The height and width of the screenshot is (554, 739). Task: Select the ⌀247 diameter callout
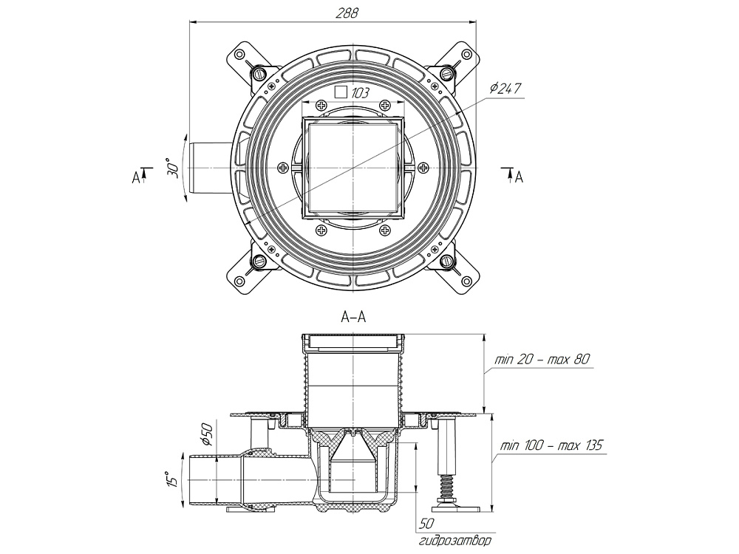(506, 89)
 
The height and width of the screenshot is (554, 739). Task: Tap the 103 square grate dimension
(361, 93)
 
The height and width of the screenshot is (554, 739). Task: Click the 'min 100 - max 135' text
(551, 446)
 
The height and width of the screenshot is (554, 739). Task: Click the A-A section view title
(354, 318)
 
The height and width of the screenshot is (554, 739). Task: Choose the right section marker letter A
(520, 177)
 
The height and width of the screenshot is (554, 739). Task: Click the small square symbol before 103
(341, 93)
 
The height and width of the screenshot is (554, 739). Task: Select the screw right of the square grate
(425, 168)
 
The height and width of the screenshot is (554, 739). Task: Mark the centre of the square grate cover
(354, 168)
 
